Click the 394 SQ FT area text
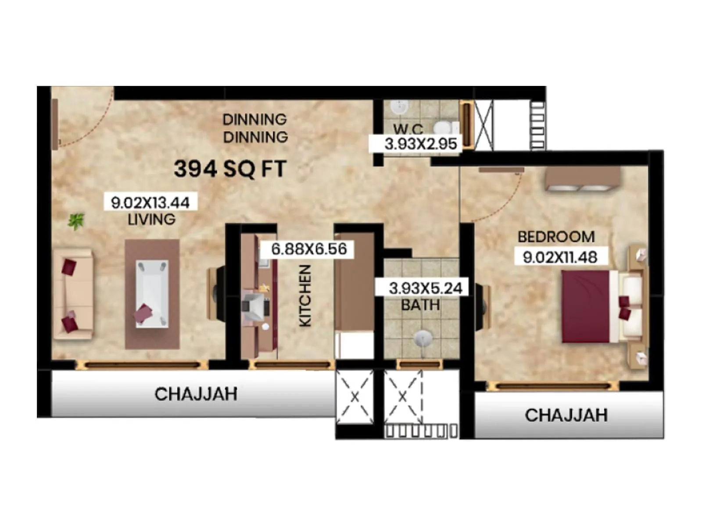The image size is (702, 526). pyautogui.click(x=230, y=169)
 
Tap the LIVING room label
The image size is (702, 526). pyautogui.click(x=151, y=219)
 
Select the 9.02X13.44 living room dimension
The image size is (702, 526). pyautogui.click(x=150, y=203)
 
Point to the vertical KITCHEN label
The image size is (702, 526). pyautogui.click(x=305, y=295)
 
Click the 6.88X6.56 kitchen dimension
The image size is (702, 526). pyautogui.click(x=309, y=249)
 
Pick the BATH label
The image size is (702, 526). pyautogui.click(x=420, y=305)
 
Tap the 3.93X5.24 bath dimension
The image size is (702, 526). pyautogui.click(x=425, y=288)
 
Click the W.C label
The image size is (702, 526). pyautogui.click(x=408, y=129)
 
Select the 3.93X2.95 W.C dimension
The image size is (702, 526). pyautogui.click(x=420, y=144)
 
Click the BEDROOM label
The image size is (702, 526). pyautogui.click(x=556, y=237)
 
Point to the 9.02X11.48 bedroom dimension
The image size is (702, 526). pyautogui.click(x=560, y=257)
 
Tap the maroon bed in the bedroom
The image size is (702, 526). pyautogui.click(x=586, y=306)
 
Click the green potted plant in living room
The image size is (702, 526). pyautogui.click(x=76, y=220)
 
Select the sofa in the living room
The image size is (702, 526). pyautogui.click(x=72, y=294)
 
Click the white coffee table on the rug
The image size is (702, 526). pyautogui.click(x=152, y=293)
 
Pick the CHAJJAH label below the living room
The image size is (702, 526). pyautogui.click(x=196, y=394)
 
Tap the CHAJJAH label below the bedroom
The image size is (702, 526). pyautogui.click(x=566, y=415)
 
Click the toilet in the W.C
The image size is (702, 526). pyautogui.click(x=444, y=128)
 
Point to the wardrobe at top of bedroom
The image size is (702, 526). pyautogui.click(x=582, y=179)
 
